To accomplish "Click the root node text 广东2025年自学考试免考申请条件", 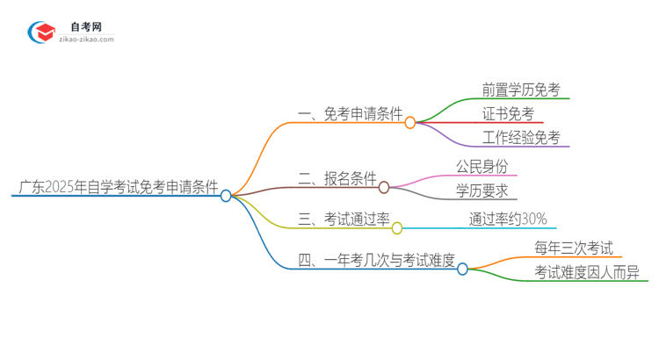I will tap(118, 187).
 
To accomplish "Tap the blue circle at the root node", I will tap(226, 196).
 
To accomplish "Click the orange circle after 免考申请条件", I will tap(410, 123).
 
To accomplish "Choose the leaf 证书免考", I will tap(508, 114).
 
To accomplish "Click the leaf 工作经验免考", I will tap(521, 138).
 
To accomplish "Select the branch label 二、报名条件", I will tap(337, 179).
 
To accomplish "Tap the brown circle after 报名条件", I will tap(384, 187).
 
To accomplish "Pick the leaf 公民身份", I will tap(482, 166).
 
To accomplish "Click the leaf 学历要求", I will tap(482, 191).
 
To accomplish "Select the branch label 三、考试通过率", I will tap(344, 220).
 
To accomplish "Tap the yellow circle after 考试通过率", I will tap(397, 228).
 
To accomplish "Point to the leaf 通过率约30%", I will tap(508, 220).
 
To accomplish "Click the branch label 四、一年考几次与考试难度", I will tap(376, 260).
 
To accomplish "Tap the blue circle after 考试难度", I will tap(463, 269).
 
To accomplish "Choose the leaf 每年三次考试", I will tap(574, 248).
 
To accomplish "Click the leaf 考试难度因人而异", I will tap(586, 273).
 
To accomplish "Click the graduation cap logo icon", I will tap(41, 32).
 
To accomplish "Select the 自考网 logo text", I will tap(86, 27).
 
